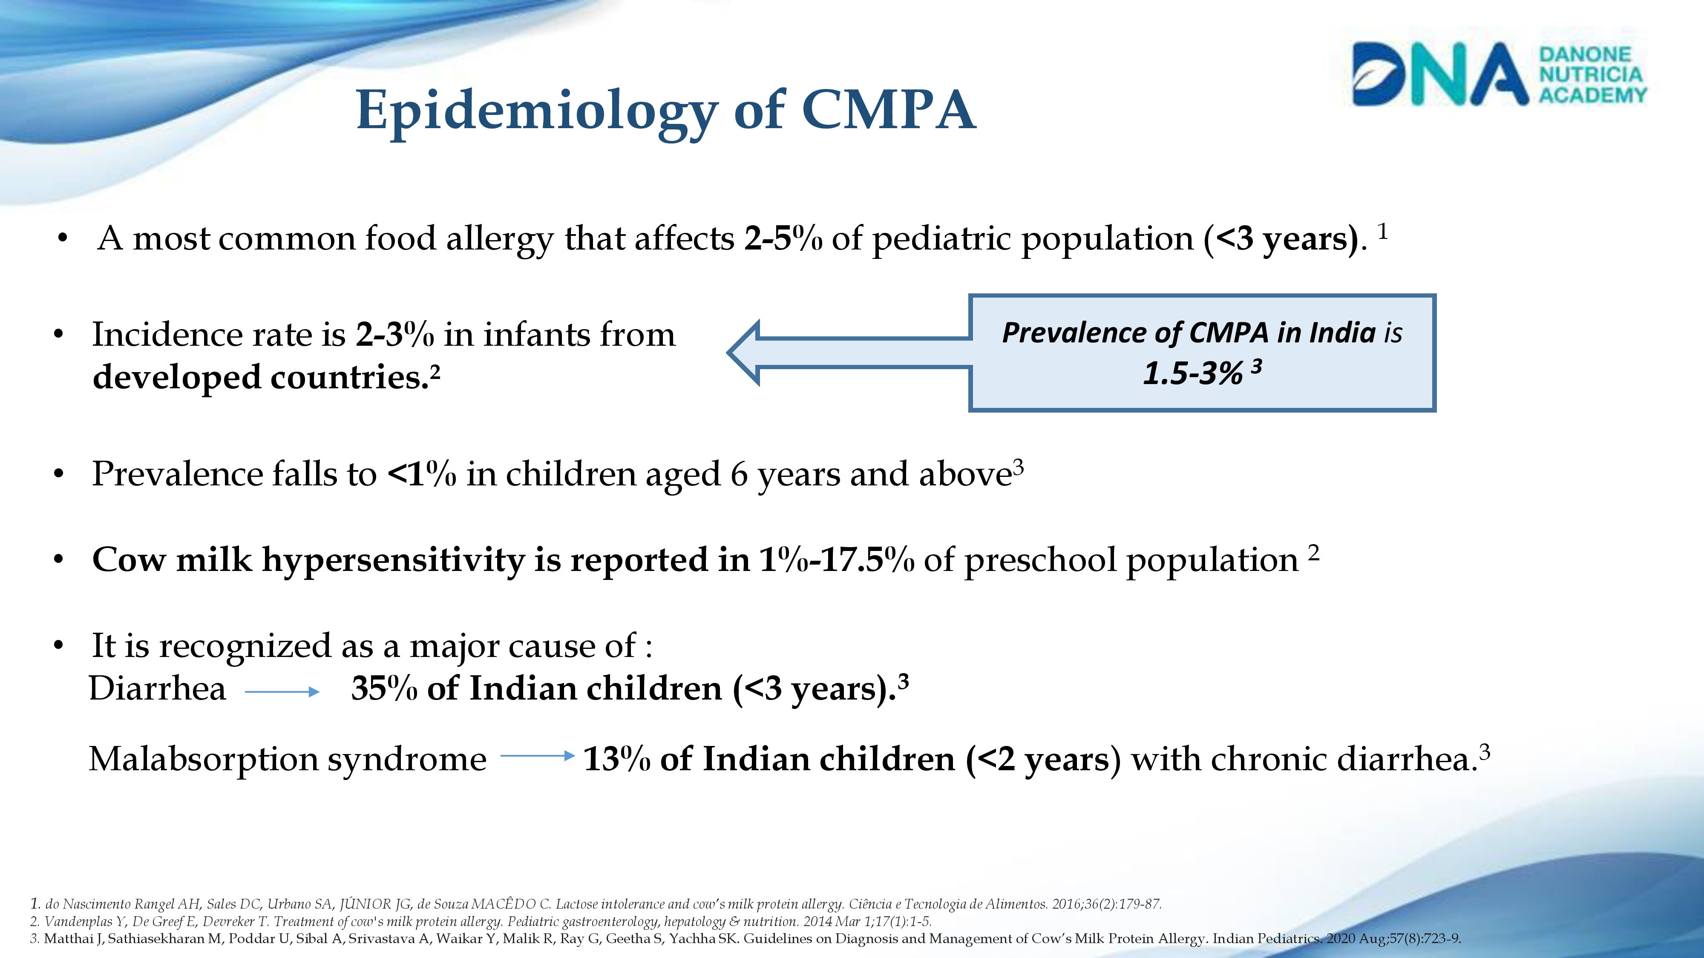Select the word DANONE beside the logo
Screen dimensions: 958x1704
pyautogui.click(x=1585, y=54)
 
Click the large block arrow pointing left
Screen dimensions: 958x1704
pyautogui.click(x=847, y=353)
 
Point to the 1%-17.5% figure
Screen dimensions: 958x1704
pyautogui.click(x=837, y=560)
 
